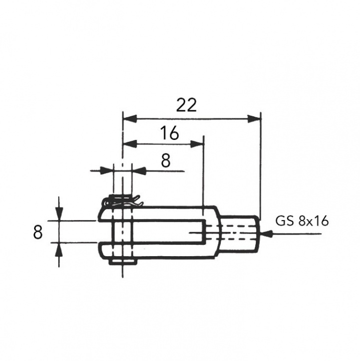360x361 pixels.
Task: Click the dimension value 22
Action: (187, 105)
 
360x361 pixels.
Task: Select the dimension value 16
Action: (169, 133)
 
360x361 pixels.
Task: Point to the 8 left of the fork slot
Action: (37, 232)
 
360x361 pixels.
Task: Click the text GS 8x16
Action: (302, 222)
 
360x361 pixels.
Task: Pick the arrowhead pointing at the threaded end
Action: (267, 233)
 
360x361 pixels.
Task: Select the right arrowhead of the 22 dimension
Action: (255, 119)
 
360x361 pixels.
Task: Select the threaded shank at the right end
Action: (240, 233)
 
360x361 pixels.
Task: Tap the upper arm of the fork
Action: (160, 213)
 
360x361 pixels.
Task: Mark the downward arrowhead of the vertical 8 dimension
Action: (59, 214)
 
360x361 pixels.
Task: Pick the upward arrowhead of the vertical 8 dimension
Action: (59, 249)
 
